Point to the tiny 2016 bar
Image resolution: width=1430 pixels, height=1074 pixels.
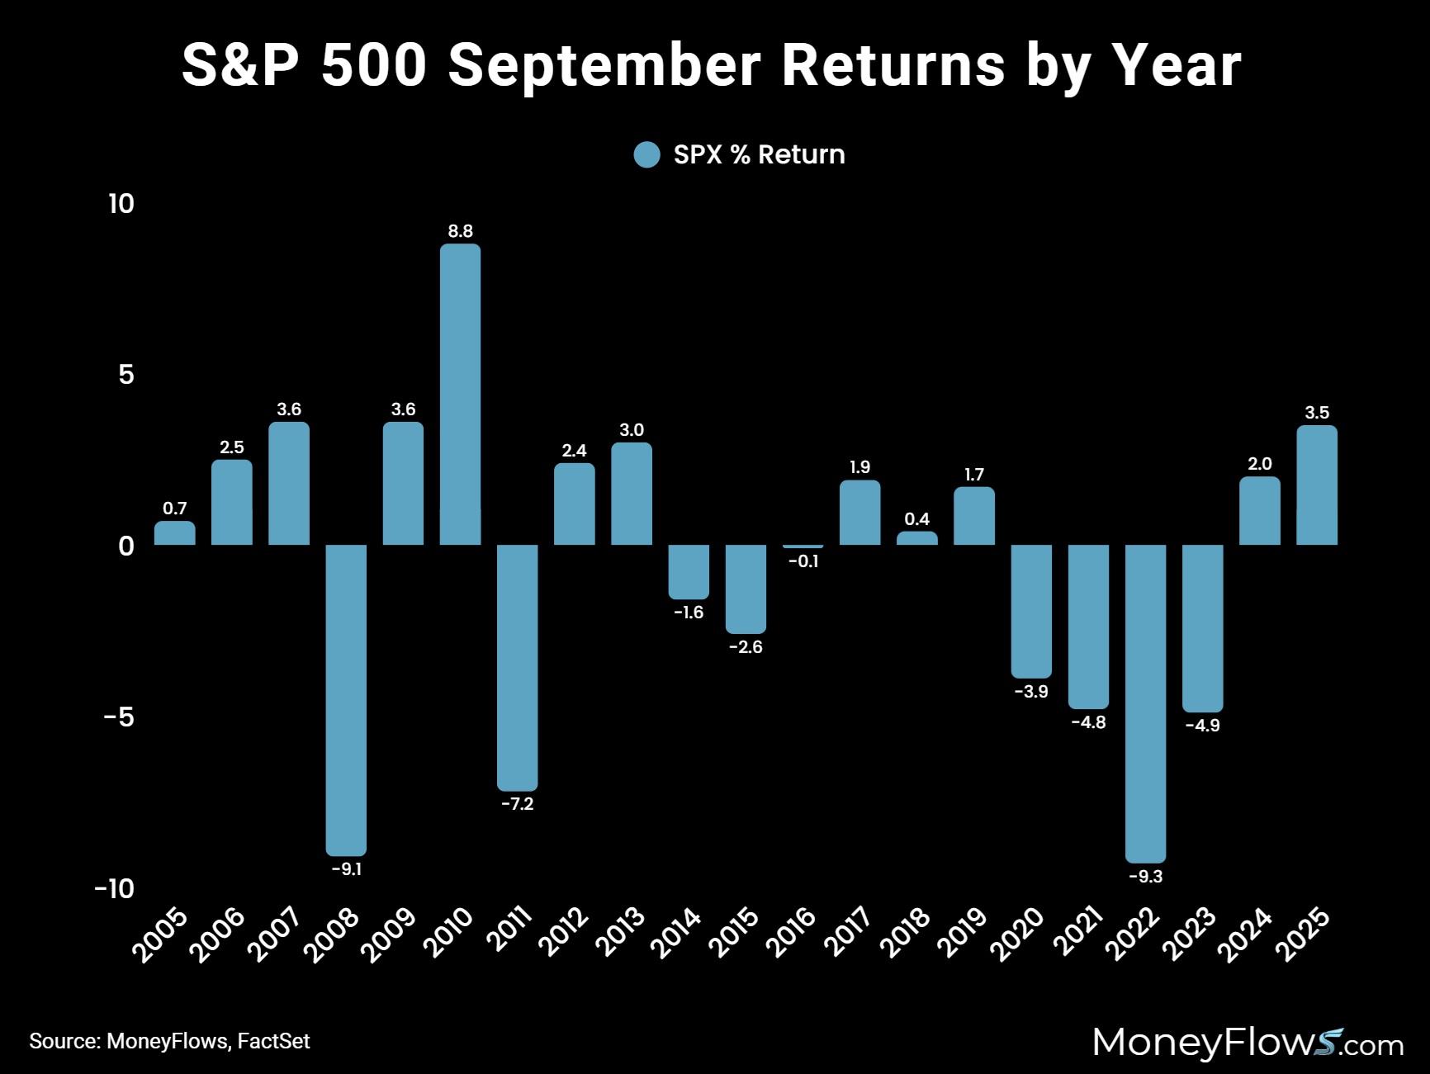(x=803, y=546)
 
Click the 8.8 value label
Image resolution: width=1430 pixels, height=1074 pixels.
(x=460, y=231)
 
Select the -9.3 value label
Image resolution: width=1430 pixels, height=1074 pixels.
(x=1145, y=877)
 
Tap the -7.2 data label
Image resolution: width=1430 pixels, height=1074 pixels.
(x=518, y=804)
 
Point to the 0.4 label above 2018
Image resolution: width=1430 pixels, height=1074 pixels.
(x=916, y=519)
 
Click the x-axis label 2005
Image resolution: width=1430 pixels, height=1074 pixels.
(x=160, y=934)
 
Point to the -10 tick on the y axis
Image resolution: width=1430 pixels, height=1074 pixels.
(x=115, y=888)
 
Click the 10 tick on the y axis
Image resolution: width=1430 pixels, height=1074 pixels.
(x=121, y=204)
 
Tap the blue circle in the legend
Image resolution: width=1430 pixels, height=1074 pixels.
(x=647, y=154)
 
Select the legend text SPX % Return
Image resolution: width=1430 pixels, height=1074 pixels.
(x=759, y=154)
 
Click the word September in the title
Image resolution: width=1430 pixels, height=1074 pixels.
(x=604, y=65)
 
